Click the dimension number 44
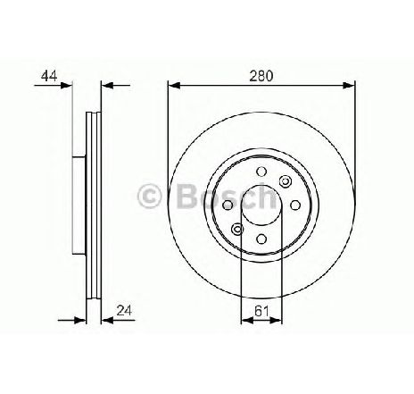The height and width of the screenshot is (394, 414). coord(49,76)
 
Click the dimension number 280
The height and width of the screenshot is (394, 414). coord(261,76)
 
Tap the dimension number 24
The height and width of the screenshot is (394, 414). coord(124,310)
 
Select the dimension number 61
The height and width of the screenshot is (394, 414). coord(261,312)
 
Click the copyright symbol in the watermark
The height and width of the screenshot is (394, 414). coord(150,197)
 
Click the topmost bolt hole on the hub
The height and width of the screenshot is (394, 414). coord(261,172)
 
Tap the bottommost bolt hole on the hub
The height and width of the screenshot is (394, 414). coord(261,239)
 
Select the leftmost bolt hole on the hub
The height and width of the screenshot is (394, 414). coord(228,205)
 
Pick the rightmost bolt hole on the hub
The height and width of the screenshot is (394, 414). coord(295,205)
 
